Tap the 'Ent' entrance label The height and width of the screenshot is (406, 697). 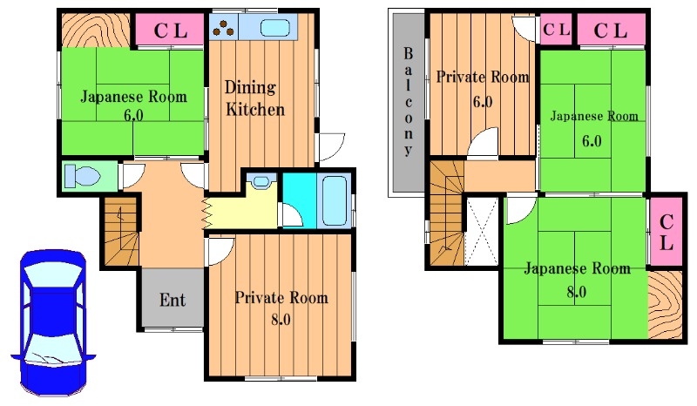(x=172, y=301)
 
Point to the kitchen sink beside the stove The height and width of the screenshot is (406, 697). (x=274, y=27)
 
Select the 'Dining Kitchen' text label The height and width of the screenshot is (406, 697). (x=254, y=98)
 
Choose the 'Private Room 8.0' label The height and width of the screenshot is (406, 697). (x=281, y=308)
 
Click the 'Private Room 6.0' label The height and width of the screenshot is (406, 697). (x=482, y=87)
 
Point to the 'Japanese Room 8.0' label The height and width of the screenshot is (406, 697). (x=576, y=279)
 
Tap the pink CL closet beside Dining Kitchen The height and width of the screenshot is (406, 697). (x=171, y=30)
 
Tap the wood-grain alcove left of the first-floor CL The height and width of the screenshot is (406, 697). (x=95, y=30)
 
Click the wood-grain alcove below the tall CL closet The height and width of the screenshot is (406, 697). (x=666, y=303)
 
